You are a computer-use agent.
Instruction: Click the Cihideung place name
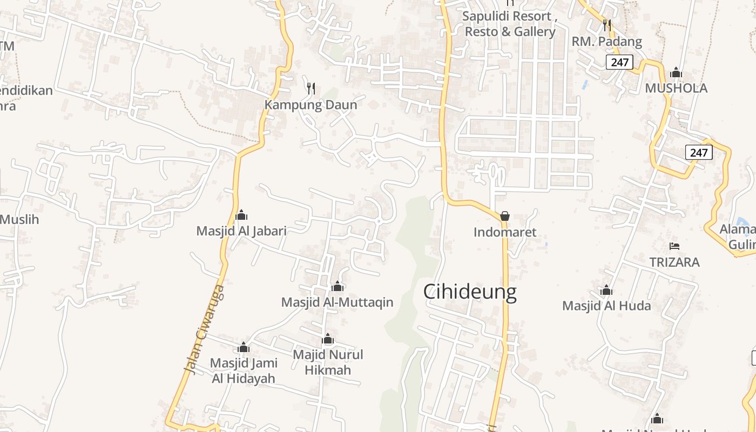tap(469, 292)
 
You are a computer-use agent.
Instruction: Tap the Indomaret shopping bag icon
tap(505, 216)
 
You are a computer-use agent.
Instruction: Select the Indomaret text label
tap(505, 232)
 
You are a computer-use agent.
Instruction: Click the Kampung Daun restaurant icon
tap(311, 88)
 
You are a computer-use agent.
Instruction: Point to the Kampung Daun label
tap(311, 105)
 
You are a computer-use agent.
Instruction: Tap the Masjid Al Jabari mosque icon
tap(241, 215)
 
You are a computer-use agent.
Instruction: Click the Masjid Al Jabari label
tap(241, 231)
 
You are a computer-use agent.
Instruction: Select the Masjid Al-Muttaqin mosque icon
tap(337, 286)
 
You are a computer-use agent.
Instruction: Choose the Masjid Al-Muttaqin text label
tap(337, 302)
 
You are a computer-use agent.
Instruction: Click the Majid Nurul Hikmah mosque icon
tap(328, 339)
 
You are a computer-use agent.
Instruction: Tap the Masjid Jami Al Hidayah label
tap(244, 370)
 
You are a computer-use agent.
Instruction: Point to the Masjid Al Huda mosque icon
tap(606, 290)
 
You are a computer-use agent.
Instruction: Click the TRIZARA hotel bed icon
tap(674, 246)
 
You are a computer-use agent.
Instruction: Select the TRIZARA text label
tap(674, 262)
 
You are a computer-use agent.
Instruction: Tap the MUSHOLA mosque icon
tap(676, 72)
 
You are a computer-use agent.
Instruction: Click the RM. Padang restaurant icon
tap(607, 25)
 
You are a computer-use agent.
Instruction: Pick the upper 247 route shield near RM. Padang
tap(619, 62)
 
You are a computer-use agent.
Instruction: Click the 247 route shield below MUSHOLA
tap(699, 153)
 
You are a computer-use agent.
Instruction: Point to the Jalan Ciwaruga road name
tap(204, 329)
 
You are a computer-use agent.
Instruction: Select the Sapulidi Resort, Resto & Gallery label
tap(510, 24)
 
